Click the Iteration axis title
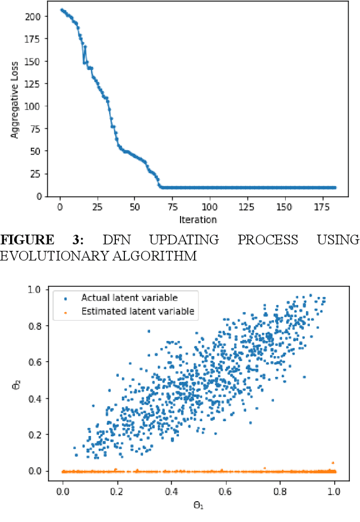(x=199, y=219)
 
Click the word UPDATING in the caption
(x=187, y=240)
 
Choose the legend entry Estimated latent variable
(x=137, y=311)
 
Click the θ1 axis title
(x=199, y=505)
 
